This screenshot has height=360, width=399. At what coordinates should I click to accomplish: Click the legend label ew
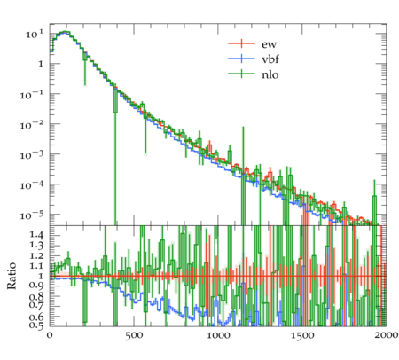(269, 44)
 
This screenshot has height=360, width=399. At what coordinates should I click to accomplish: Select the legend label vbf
(270, 59)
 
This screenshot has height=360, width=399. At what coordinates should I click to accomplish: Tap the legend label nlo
(270, 74)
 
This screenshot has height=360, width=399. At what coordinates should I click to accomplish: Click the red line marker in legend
(241, 43)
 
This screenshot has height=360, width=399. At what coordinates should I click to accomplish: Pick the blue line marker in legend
(241, 59)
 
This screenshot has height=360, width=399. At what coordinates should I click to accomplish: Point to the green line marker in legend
(241, 74)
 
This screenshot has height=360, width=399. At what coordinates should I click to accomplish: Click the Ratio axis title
(12, 276)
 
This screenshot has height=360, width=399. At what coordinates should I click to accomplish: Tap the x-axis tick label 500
(134, 336)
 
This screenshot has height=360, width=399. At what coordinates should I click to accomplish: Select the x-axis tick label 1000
(218, 336)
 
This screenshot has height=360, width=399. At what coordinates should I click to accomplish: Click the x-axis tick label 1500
(302, 336)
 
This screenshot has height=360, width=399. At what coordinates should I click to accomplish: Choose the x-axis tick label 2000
(386, 335)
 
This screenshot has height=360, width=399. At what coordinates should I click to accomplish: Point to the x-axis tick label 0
(50, 335)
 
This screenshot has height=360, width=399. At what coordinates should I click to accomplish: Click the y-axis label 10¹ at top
(35, 34)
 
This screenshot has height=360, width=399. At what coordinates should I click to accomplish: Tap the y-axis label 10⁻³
(32, 154)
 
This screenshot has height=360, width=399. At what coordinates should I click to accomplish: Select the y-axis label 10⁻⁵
(32, 215)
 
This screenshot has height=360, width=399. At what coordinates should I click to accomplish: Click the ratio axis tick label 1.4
(36, 235)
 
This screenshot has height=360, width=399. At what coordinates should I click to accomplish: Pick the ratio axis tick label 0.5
(36, 325)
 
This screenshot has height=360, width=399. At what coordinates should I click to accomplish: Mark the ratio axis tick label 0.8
(36, 295)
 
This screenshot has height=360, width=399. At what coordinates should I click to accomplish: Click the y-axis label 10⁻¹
(32, 95)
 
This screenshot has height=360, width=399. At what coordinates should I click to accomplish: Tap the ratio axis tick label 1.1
(36, 265)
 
